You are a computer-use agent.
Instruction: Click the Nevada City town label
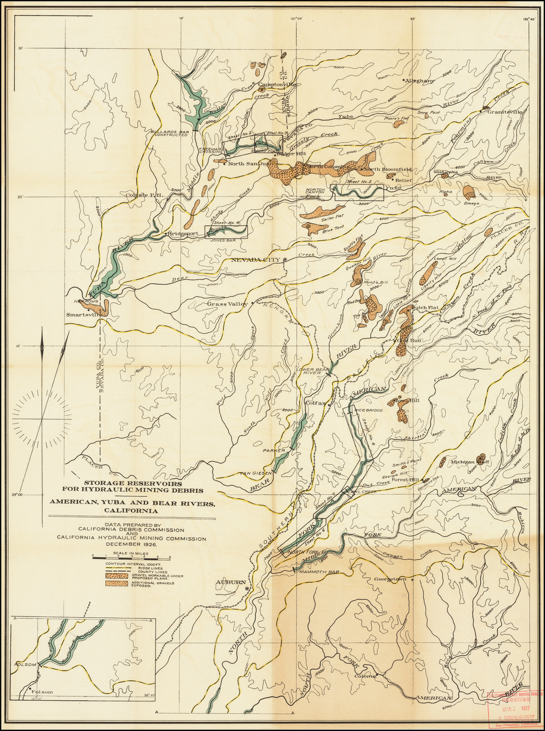[x=254, y=260]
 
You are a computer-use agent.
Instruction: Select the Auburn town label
[x=230, y=583]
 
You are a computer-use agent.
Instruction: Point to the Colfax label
[x=316, y=403]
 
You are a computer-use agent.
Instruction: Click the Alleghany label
[x=420, y=81]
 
